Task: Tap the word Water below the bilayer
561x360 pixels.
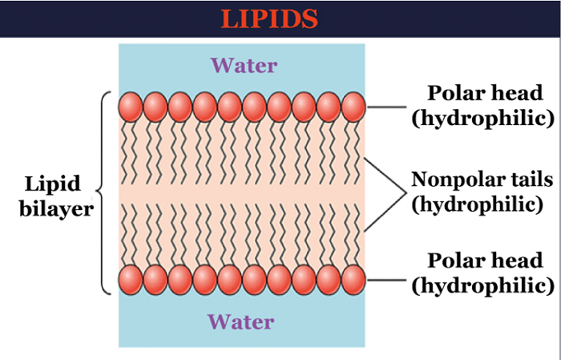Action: (x=240, y=322)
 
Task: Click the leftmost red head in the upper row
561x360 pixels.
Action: (x=131, y=107)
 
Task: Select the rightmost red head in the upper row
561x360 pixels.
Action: (x=353, y=107)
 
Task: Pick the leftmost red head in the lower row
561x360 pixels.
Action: (x=131, y=280)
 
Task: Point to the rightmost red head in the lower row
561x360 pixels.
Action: (x=353, y=280)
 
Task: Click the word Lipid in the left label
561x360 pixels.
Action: (x=53, y=184)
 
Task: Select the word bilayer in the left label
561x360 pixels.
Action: (x=53, y=208)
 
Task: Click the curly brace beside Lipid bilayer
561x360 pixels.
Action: (x=103, y=192)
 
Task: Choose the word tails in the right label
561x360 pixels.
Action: (x=524, y=179)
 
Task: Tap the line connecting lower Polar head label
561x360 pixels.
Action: (x=393, y=280)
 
